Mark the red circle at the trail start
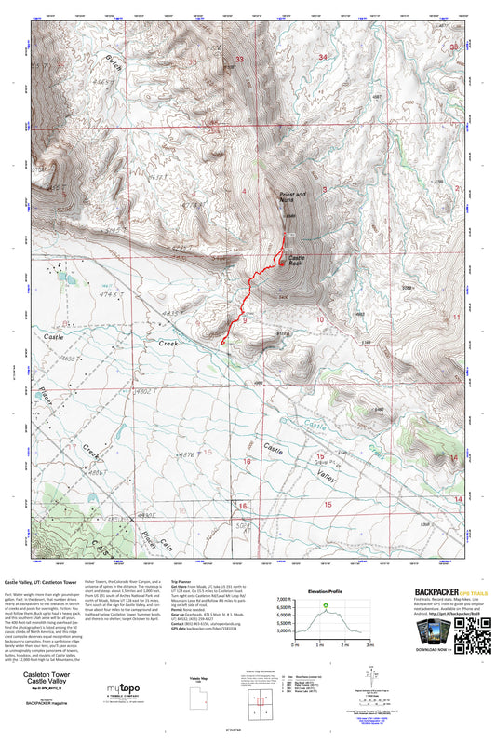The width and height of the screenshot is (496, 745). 222,343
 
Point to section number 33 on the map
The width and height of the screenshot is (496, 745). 239,59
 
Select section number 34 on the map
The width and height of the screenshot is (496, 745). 323,58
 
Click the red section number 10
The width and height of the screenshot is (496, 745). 318,319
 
